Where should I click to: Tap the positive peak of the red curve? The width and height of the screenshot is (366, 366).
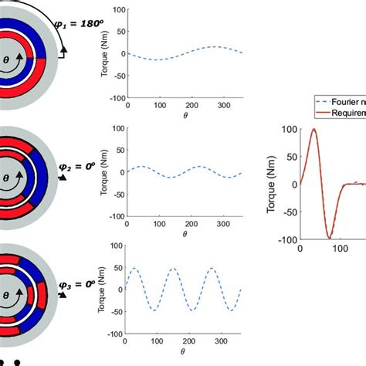(x=314, y=129)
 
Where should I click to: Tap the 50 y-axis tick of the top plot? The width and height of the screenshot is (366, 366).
(x=117, y=32)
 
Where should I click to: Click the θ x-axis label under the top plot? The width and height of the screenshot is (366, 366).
(x=185, y=115)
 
